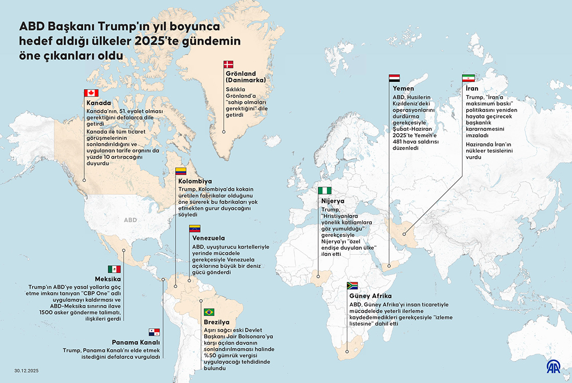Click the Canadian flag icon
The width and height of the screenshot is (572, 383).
point(91,93)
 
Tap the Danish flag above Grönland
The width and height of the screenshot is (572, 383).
point(228,64)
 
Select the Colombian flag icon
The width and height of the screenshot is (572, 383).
point(180,171)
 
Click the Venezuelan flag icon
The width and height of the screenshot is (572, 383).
point(195,228)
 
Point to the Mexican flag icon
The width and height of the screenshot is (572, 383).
point(114,269)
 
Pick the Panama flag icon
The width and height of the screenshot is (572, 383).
point(154,332)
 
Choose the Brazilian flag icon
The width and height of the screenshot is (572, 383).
point(209,312)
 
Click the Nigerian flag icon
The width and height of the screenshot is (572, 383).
point(324,189)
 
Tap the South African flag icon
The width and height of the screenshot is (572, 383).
point(352,285)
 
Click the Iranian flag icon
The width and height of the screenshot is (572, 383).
point(468,78)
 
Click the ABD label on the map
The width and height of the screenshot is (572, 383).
point(130,220)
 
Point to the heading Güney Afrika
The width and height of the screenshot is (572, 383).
point(370,296)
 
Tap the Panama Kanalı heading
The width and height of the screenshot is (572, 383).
point(136,342)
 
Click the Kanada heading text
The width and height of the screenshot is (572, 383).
point(99,103)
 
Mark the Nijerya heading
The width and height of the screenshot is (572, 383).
point(332,201)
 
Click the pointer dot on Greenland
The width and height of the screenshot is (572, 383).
point(224,131)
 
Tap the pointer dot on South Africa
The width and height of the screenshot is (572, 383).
point(347,351)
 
